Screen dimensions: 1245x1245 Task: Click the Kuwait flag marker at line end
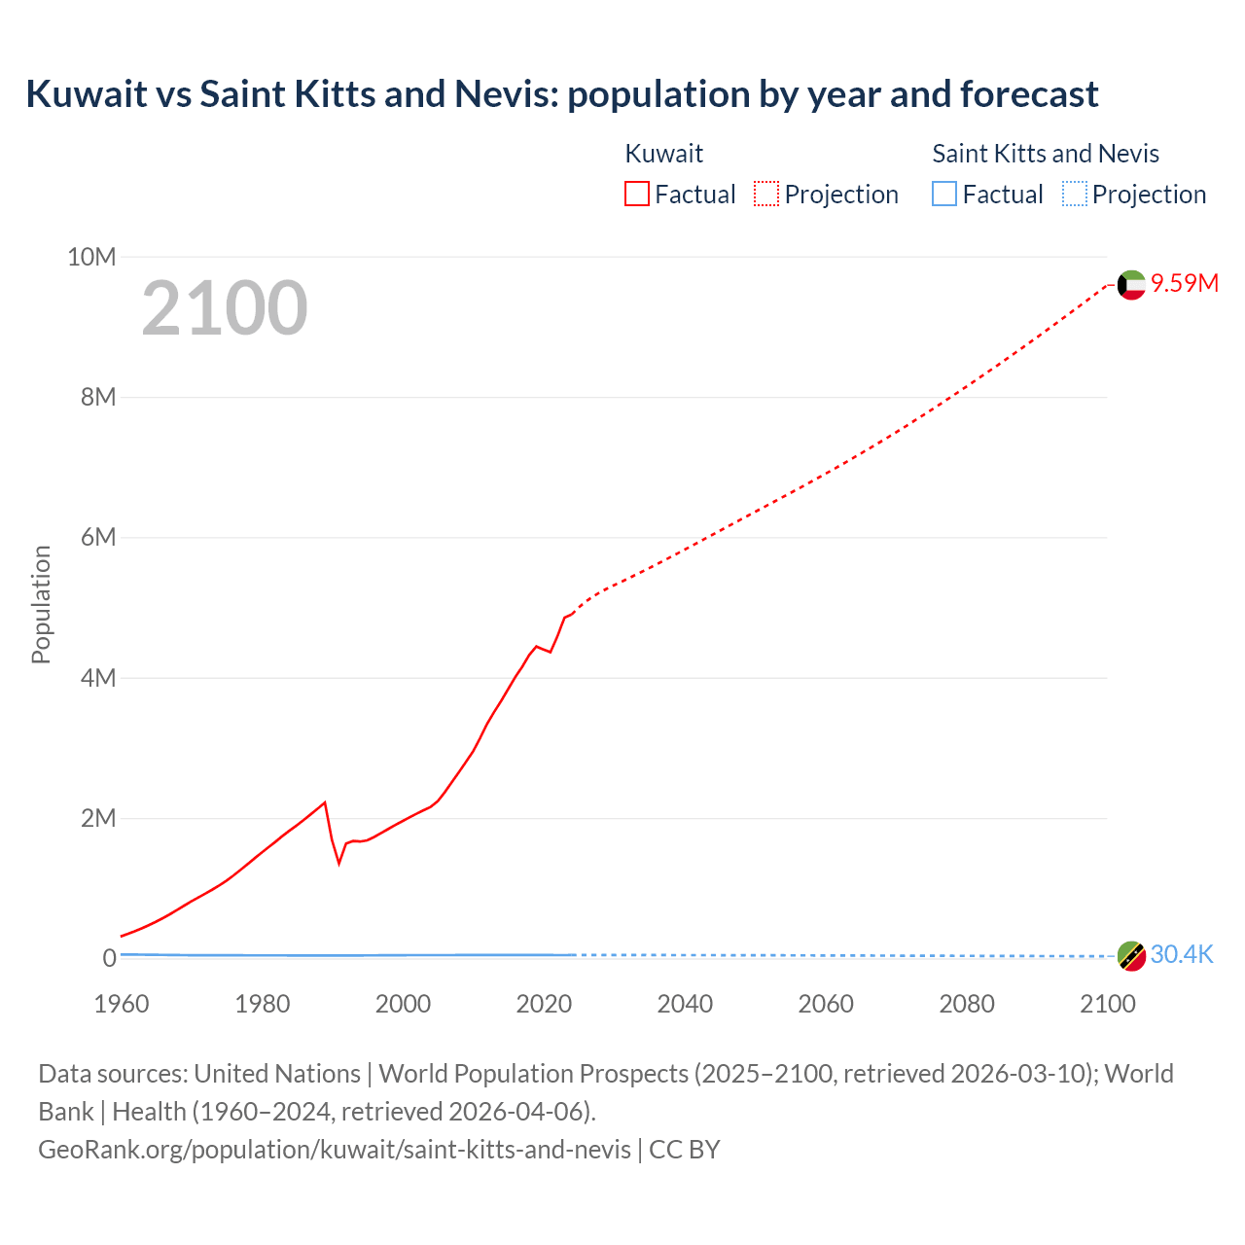[1131, 285]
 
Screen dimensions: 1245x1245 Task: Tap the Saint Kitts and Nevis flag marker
[1131, 956]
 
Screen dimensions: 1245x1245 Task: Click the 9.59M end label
[1185, 283]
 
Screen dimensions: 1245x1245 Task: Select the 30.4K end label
[1182, 954]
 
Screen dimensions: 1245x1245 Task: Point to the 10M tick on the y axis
[91, 257]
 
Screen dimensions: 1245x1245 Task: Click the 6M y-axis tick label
[97, 537]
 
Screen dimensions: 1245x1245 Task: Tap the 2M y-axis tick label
[97, 818]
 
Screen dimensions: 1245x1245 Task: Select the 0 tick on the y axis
[109, 958]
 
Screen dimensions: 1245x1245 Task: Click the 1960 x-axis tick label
[122, 1004]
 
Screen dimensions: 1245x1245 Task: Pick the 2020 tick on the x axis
[544, 1004]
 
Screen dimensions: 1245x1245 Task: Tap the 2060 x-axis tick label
[826, 1004]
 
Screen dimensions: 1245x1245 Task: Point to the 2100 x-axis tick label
[1107, 1004]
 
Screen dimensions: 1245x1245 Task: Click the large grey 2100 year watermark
[225, 308]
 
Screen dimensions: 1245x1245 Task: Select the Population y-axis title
[41, 604]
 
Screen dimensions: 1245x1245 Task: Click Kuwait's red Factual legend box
[637, 194]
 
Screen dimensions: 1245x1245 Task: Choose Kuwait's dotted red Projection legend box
[766, 194]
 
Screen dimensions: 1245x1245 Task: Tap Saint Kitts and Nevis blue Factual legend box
[944, 194]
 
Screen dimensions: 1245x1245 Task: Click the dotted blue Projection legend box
[1074, 194]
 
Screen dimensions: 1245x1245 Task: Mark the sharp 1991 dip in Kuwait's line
[339, 862]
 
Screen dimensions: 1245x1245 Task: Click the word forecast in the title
[1029, 94]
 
